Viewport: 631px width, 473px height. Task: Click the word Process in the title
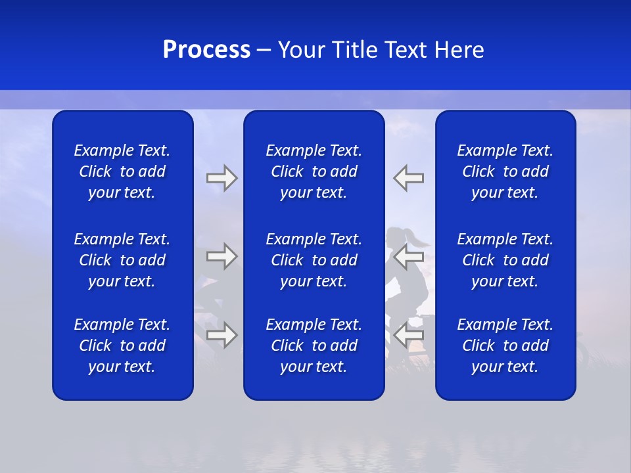coord(206,50)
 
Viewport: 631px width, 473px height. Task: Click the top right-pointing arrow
coord(222,178)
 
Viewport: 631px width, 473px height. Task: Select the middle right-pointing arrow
coord(222,256)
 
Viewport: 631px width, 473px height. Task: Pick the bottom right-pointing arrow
coord(222,335)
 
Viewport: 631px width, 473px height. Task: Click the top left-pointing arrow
coord(408,178)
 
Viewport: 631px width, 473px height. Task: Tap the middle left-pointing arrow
coord(408,256)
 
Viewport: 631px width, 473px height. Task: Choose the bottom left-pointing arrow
coord(408,335)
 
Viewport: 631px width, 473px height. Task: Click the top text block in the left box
coord(122,171)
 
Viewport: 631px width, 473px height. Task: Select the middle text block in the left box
coord(122,260)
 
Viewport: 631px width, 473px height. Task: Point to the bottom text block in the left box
coord(122,346)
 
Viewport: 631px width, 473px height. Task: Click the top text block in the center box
coord(314,171)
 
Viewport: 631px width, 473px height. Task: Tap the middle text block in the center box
coord(314,260)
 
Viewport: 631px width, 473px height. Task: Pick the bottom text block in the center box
coord(314,346)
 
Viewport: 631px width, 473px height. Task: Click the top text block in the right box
coord(505,171)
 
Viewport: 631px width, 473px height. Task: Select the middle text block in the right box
coord(505,260)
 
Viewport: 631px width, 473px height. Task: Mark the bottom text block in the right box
coord(505,346)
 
